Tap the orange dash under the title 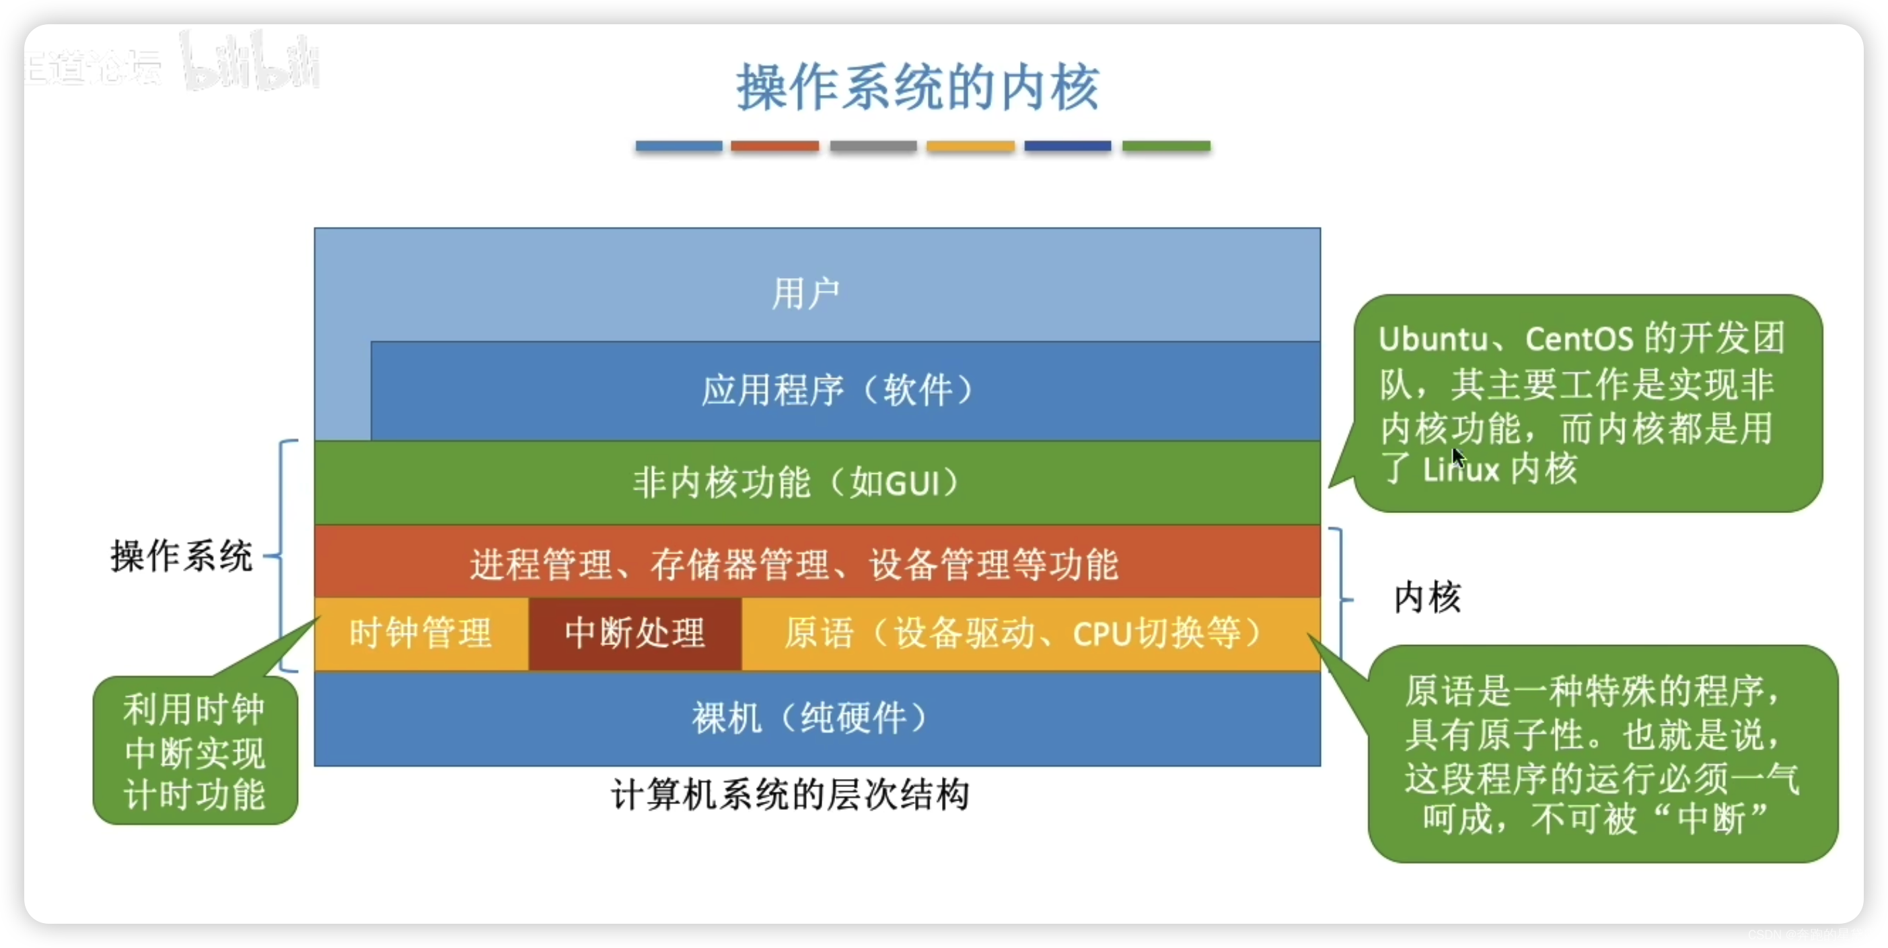click(x=774, y=146)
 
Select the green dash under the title click(x=1166, y=146)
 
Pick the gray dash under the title click(x=873, y=146)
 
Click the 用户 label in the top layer click(x=805, y=294)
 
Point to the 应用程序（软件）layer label click(x=837, y=390)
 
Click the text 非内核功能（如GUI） click(x=796, y=483)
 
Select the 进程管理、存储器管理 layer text click(x=794, y=564)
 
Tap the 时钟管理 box click(x=421, y=633)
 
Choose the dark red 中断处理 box click(x=634, y=633)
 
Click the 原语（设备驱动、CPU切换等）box click(x=1023, y=633)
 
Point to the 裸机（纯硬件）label click(x=810, y=718)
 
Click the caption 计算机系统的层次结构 click(x=790, y=794)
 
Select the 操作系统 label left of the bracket click(x=182, y=555)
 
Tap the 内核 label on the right click(x=1427, y=597)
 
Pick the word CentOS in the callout click(x=1578, y=339)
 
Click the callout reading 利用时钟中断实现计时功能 click(x=195, y=751)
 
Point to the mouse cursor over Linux click(x=1458, y=456)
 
